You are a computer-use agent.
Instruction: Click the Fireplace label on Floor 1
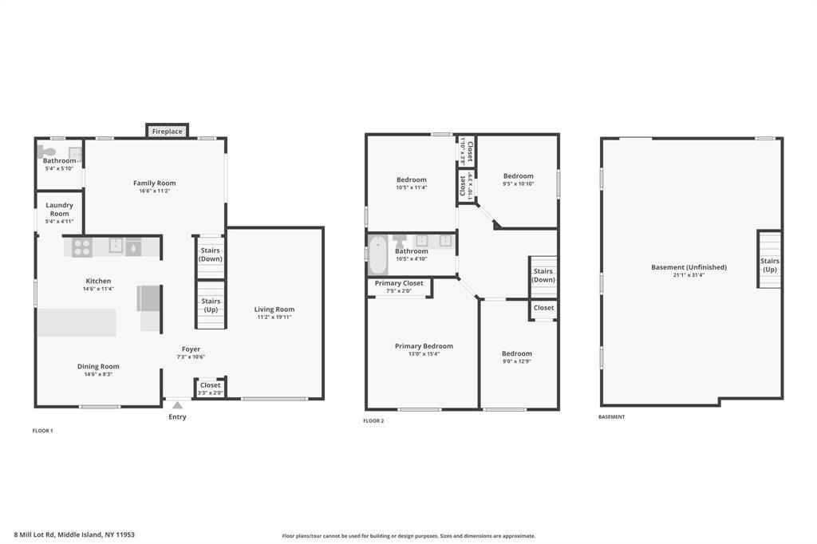click(x=167, y=131)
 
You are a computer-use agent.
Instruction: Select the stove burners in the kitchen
click(x=81, y=247)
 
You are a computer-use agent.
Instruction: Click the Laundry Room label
click(x=59, y=209)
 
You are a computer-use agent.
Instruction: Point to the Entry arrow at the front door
click(x=177, y=405)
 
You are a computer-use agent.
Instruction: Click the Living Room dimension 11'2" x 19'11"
click(x=274, y=317)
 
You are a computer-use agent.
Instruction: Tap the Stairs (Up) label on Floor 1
click(x=211, y=305)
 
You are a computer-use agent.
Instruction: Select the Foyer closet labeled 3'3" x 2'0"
click(x=210, y=388)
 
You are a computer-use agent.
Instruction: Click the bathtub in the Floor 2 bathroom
click(x=377, y=255)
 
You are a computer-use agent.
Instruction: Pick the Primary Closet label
click(x=399, y=283)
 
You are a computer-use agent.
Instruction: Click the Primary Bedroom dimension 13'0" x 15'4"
click(x=424, y=353)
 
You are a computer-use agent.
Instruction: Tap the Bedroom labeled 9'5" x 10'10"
click(x=518, y=179)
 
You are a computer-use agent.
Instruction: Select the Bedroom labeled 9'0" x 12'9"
click(x=516, y=357)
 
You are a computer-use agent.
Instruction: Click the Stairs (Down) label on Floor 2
click(x=543, y=275)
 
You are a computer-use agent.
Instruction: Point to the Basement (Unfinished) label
click(x=689, y=267)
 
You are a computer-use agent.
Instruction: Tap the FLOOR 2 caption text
click(x=373, y=420)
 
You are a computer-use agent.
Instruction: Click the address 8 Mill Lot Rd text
click(x=74, y=534)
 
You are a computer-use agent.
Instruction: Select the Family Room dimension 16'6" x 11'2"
click(x=155, y=191)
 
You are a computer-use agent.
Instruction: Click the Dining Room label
click(x=98, y=366)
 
